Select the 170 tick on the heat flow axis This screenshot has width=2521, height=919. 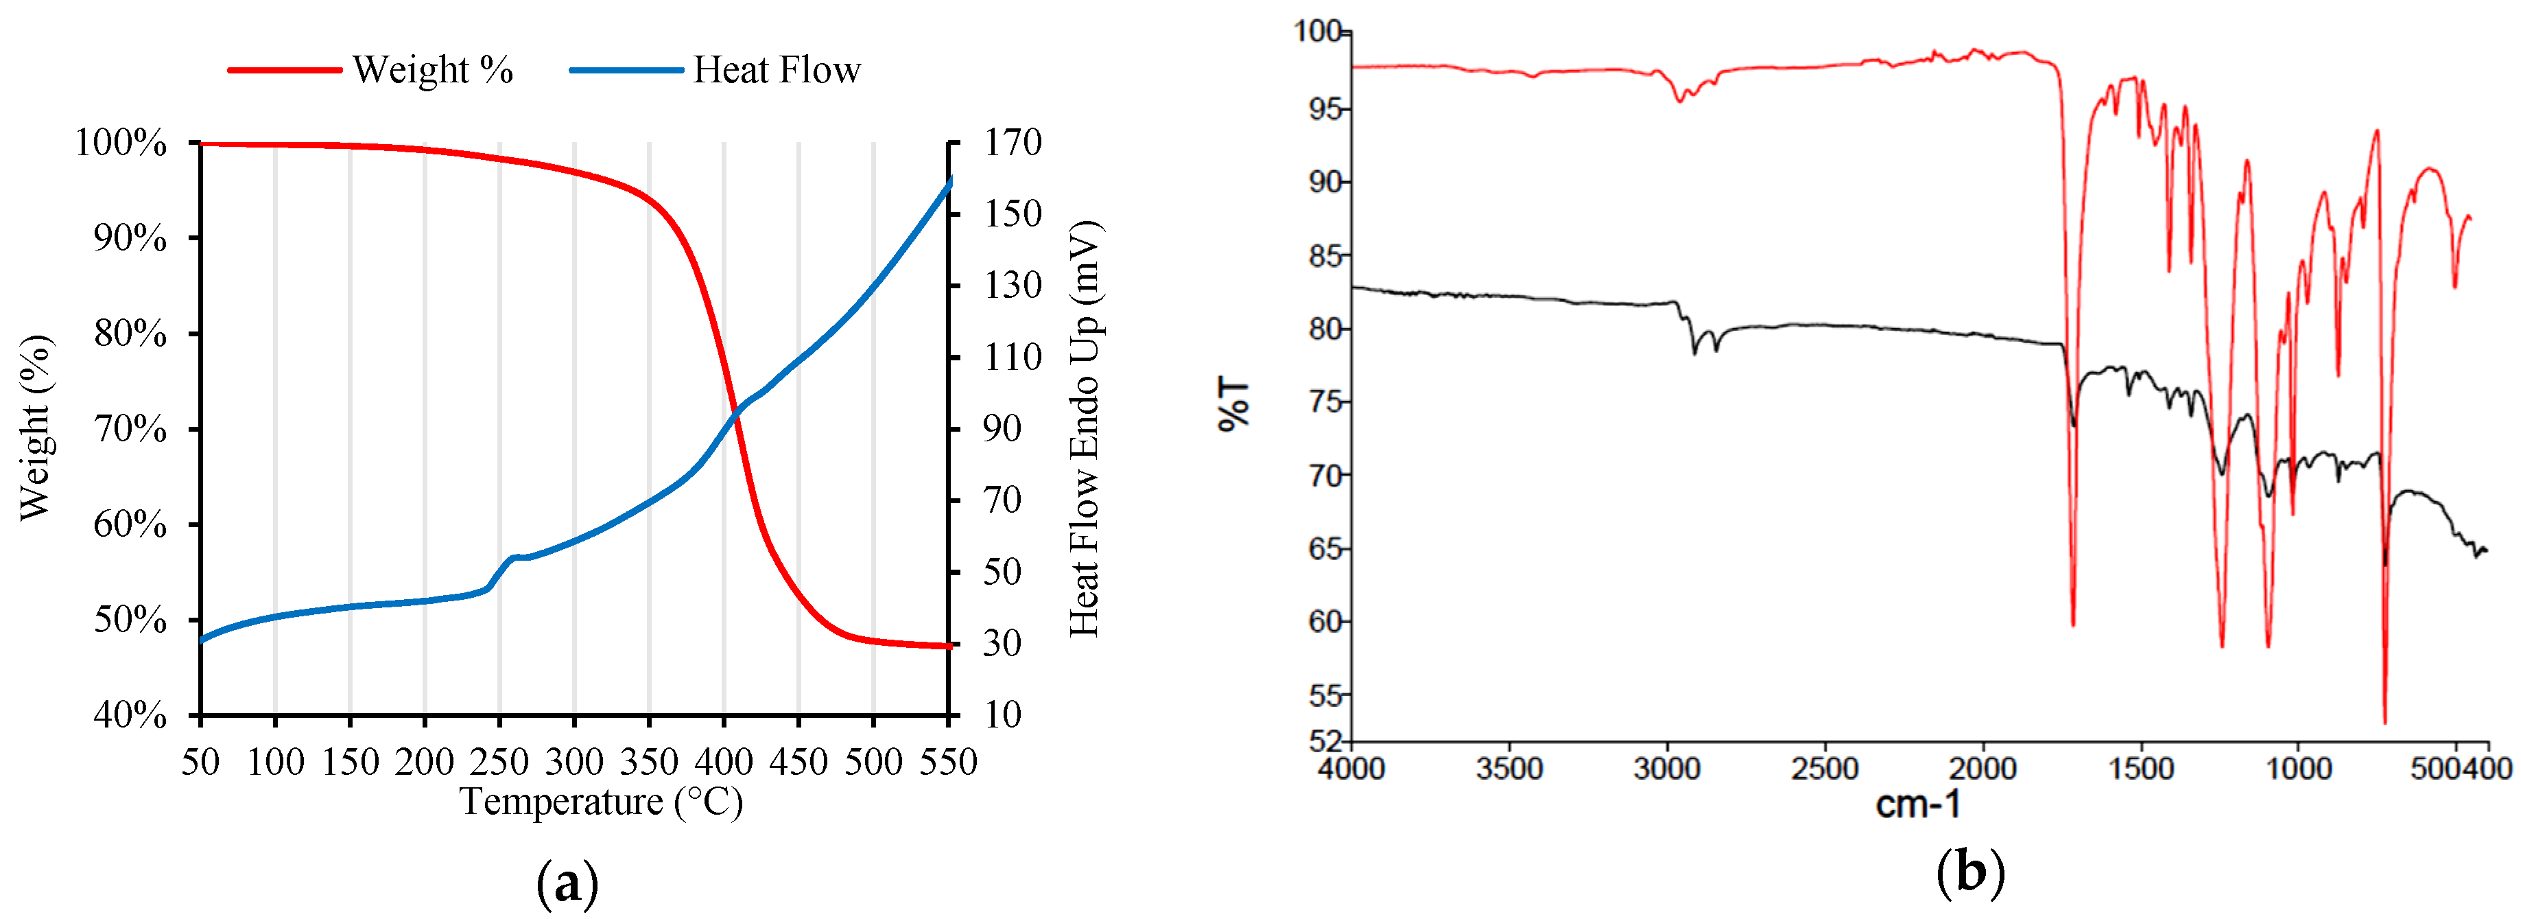(x=1012, y=143)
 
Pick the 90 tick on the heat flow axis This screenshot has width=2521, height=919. (x=1002, y=429)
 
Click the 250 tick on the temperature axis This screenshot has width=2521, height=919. (x=499, y=761)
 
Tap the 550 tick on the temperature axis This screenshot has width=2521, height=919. (x=947, y=761)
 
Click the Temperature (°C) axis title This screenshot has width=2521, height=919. (x=601, y=802)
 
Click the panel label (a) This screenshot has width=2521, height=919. (x=567, y=884)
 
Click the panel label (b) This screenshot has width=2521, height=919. (x=1970, y=871)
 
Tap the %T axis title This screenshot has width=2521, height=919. (x=1234, y=404)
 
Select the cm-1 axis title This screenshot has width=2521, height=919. (x=1917, y=804)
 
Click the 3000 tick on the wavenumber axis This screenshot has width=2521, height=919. (x=1667, y=768)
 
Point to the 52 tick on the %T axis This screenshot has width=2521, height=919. (x=1326, y=741)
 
